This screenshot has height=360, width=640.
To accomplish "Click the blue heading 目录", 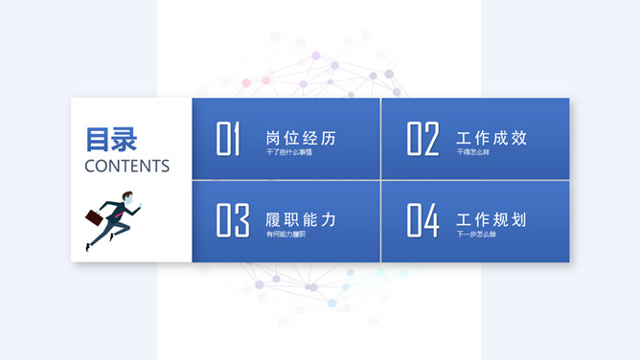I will point(111,139).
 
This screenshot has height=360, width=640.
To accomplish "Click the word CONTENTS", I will point(126,166).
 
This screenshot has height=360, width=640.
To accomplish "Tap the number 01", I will point(228,139).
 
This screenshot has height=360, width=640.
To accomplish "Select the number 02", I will point(423,139).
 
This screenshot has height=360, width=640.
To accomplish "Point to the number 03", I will point(232,220).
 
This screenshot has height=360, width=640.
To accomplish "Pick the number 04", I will point(423,220).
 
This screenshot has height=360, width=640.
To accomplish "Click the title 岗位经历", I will point(301,138).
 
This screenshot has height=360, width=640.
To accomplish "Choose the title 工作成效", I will point(491,138).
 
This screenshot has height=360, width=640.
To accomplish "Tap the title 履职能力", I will point(301,219).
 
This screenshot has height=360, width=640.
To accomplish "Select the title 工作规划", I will point(491,219).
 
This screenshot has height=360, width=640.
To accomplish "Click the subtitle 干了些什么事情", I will point(288,152).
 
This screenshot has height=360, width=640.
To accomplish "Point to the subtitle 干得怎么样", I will point(473,152).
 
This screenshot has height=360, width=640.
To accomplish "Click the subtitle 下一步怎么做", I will point(476,234).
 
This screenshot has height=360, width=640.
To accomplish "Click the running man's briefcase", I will point(95,215).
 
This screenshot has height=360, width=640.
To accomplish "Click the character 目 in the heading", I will point(98,139).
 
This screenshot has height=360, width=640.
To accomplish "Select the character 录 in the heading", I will point(125,139).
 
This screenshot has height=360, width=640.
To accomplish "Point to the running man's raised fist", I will point(139,210).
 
